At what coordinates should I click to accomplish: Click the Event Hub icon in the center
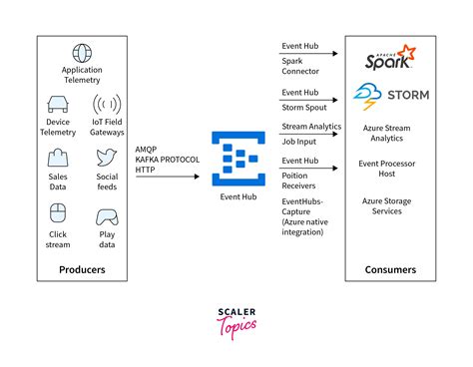236,160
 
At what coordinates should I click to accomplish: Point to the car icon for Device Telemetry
58,103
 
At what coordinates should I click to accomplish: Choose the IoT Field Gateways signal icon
107,104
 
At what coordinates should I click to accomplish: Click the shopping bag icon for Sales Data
58,157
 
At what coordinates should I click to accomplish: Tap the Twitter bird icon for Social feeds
107,157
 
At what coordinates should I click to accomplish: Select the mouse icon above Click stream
58,211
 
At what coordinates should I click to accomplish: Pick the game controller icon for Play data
107,216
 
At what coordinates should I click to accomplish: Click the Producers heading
83,269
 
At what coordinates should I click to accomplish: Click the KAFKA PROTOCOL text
167,160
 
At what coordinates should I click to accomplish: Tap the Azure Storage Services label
389,206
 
